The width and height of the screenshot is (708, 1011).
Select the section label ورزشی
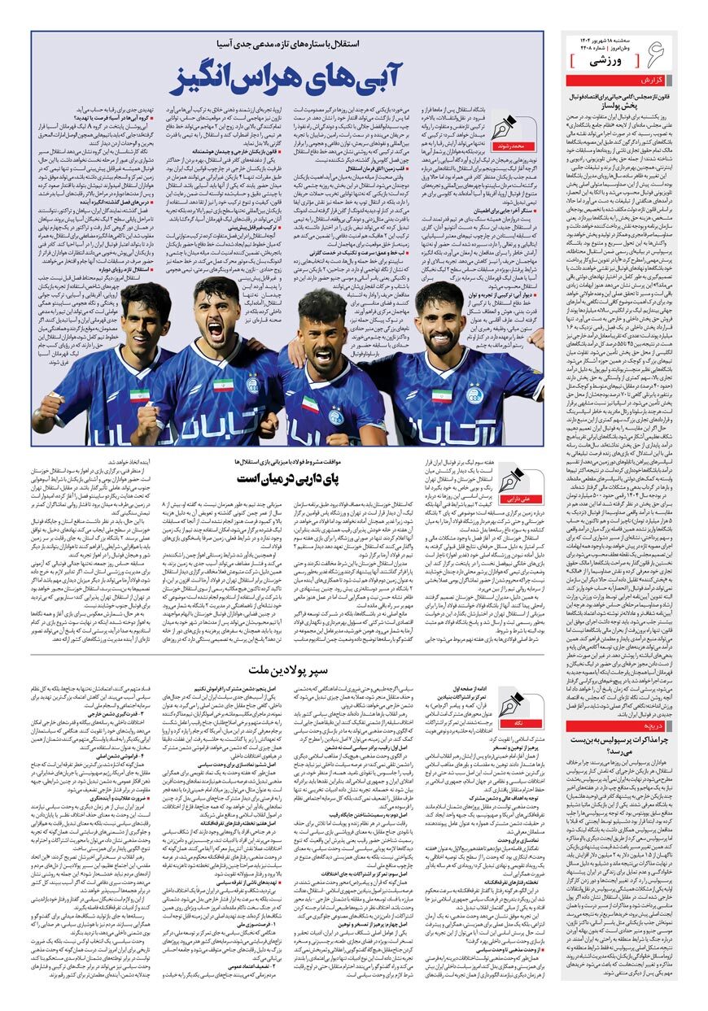pyautogui.click(x=608, y=60)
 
